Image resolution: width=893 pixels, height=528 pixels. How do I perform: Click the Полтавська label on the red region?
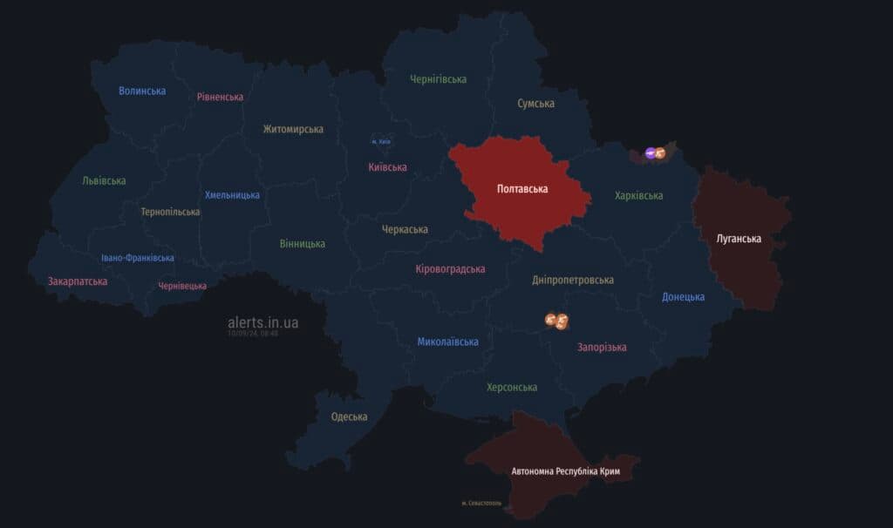(x=521, y=188)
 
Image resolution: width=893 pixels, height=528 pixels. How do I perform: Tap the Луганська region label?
(x=739, y=238)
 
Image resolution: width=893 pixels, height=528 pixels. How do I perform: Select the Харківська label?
(x=638, y=196)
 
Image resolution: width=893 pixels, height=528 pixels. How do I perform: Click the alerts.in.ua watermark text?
(x=262, y=322)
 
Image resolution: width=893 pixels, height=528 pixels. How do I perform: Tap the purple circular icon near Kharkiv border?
(x=650, y=153)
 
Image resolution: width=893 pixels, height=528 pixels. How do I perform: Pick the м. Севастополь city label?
(x=481, y=504)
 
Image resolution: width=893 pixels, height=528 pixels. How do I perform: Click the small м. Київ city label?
(x=381, y=141)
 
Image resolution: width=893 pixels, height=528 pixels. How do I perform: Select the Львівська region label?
(x=104, y=181)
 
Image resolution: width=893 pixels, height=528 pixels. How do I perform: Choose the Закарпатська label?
(x=78, y=281)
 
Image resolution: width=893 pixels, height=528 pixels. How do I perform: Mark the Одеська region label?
(x=349, y=416)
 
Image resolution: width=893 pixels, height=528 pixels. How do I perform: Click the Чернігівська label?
(x=438, y=79)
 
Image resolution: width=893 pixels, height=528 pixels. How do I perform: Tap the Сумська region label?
(x=535, y=104)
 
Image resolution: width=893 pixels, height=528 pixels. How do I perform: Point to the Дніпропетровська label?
(x=572, y=280)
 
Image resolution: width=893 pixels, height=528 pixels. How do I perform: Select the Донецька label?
(x=683, y=297)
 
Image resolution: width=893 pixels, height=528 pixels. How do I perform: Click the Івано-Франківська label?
(x=137, y=258)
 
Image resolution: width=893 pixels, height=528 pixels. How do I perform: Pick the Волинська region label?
(x=142, y=91)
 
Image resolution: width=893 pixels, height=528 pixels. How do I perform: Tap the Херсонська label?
(x=511, y=387)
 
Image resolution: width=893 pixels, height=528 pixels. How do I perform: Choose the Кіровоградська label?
(x=450, y=269)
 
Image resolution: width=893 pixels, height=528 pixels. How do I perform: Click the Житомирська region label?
(x=293, y=129)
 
